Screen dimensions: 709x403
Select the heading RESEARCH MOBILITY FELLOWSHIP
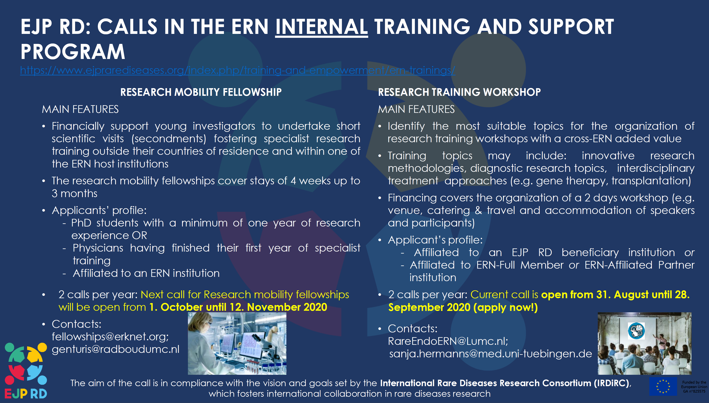(x=201, y=92)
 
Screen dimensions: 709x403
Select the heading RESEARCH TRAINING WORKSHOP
(x=459, y=92)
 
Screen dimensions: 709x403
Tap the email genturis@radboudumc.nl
(x=115, y=349)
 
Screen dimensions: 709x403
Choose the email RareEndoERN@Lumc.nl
(x=448, y=341)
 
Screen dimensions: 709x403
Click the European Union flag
(x=663, y=386)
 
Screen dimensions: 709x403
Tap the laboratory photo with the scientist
(x=237, y=343)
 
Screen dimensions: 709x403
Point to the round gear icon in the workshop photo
(x=636, y=331)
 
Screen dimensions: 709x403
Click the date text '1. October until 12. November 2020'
(x=238, y=307)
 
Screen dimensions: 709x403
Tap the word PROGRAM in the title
(x=73, y=52)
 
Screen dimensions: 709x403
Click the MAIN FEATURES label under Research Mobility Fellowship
(x=80, y=109)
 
